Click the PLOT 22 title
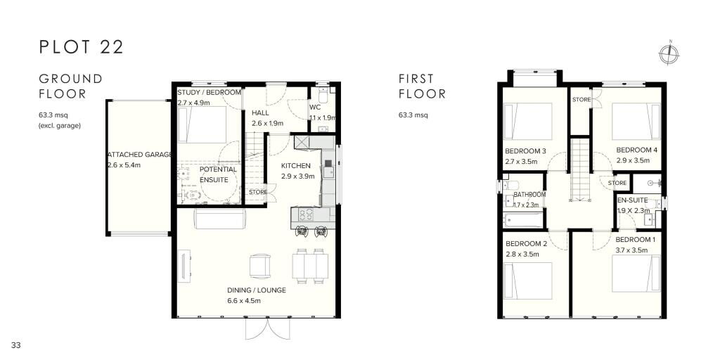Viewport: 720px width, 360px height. click(82, 47)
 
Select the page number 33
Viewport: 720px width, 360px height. click(16, 345)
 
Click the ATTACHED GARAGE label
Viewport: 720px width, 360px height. click(139, 155)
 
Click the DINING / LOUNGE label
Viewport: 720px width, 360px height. click(256, 290)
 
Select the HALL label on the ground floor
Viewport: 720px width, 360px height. click(261, 112)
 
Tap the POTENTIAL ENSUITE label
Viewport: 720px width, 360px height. click(218, 174)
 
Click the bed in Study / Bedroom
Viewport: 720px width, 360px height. click(202, 125)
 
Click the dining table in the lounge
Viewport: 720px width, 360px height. click(310, 266)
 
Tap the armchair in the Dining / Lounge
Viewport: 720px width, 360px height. click(259, 266)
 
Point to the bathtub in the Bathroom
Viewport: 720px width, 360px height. click(523, 220)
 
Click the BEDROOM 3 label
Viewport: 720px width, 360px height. click(525, 151)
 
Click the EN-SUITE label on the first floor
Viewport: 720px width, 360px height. click(632, 200)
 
